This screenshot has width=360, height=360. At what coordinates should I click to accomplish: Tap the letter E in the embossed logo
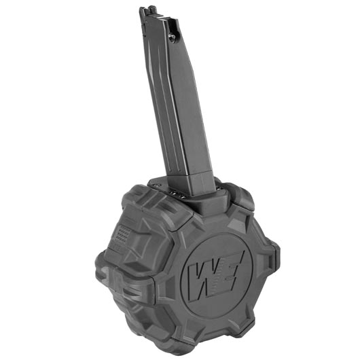pyautogui.click(x=231, y=269)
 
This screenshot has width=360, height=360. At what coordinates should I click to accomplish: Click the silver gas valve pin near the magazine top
pyautogui.click(x=173, y=36)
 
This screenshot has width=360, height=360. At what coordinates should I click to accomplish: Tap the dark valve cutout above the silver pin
pyautogui.click(x=173, y=25)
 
